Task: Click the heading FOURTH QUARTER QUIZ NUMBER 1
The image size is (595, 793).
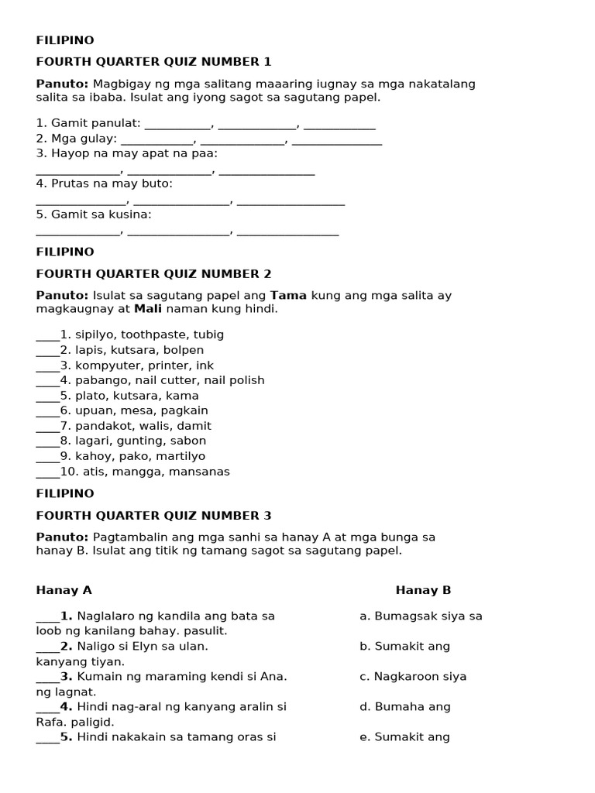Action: point(153,62)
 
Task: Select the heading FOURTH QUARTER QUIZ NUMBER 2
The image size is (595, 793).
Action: point(153,273)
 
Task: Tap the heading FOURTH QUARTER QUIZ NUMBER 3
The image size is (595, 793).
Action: point(153,515)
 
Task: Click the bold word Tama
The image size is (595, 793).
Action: point(288,295)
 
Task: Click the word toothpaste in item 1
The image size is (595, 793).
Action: point(152,335)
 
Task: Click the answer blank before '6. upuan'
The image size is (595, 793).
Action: point(47,410)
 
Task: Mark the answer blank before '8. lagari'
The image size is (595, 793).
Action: point(47,441)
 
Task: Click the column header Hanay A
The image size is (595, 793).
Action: point(64,590)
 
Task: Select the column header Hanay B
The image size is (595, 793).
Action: point(423,590)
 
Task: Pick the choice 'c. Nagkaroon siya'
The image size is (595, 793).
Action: point(413,676)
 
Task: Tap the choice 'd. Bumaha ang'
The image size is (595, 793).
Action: point(405,706)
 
